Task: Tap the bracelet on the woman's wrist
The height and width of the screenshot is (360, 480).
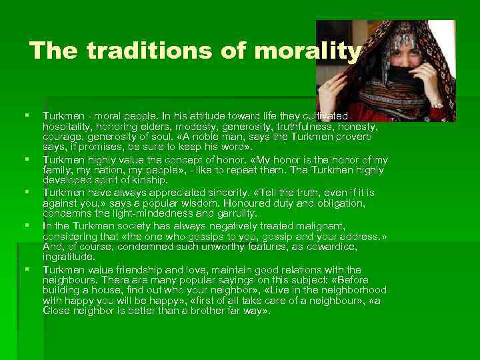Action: (437, 105)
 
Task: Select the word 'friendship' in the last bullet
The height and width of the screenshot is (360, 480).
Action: (135, 269)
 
